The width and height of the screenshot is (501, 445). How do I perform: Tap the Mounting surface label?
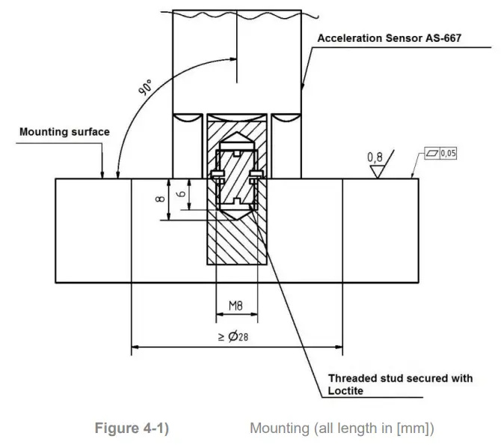coord(64,132)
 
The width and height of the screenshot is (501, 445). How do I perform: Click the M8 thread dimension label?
coord(236,305)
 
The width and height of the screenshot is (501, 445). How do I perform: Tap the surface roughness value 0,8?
coord(376,157)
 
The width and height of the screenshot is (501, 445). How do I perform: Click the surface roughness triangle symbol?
coord(376,171)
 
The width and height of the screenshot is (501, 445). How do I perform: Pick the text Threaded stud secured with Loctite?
coord(400,384)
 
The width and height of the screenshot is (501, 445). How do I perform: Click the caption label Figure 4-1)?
coord(132,429)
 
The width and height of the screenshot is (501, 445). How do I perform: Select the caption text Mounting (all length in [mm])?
coord(341,429)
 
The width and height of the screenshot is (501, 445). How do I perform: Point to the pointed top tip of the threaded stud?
coord(236,138)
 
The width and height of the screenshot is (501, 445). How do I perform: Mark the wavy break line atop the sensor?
coord(236,14)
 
